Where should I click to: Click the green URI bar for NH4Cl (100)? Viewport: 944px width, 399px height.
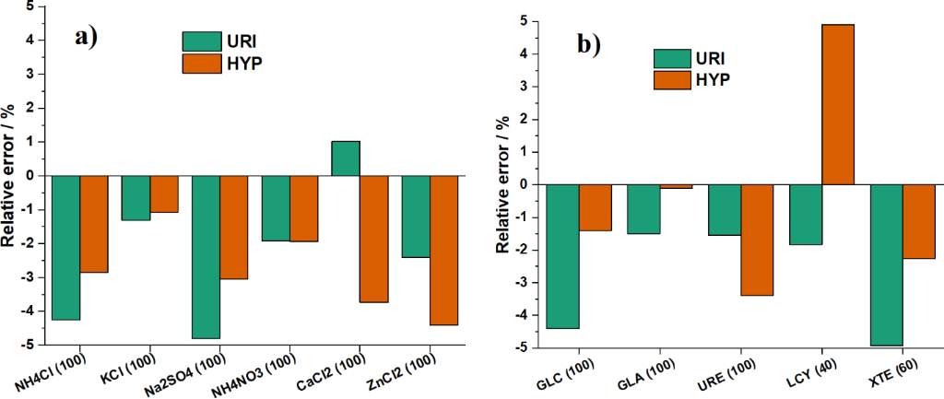[x=65, y=247]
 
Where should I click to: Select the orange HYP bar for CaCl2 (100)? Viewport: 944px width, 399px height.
[x=373, y=239]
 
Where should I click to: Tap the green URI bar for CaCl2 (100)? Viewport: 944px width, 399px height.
[x=345, y=158]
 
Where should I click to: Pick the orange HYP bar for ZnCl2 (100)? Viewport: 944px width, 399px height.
[x=443, y=250]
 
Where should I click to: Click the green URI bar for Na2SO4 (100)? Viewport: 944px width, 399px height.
[x=206, y=256]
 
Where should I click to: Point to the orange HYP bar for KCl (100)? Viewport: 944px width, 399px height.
[x=163, y=194]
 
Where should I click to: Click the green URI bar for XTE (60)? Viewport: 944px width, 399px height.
[x=887, y=264]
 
